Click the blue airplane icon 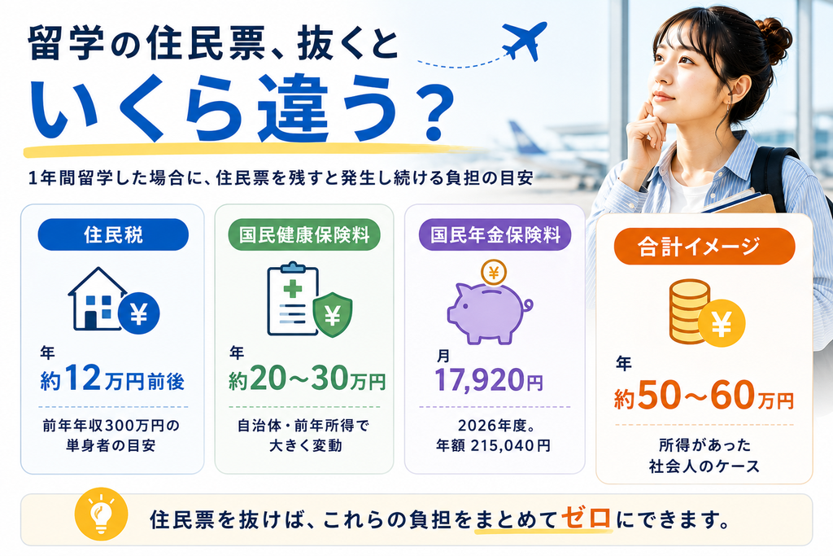coord(524,41)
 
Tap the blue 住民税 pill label coord(113,234)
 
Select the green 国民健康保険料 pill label coord(304,234)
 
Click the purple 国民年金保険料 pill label coord(495,234)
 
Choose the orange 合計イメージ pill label coord(704,246)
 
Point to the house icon coord(98,299)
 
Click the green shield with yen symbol coord(333,315)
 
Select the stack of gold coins coord(690,312)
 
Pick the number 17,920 coord(479,379)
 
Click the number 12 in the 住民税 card coord(82,379)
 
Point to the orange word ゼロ coord(586,517)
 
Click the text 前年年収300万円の coord(111,426)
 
